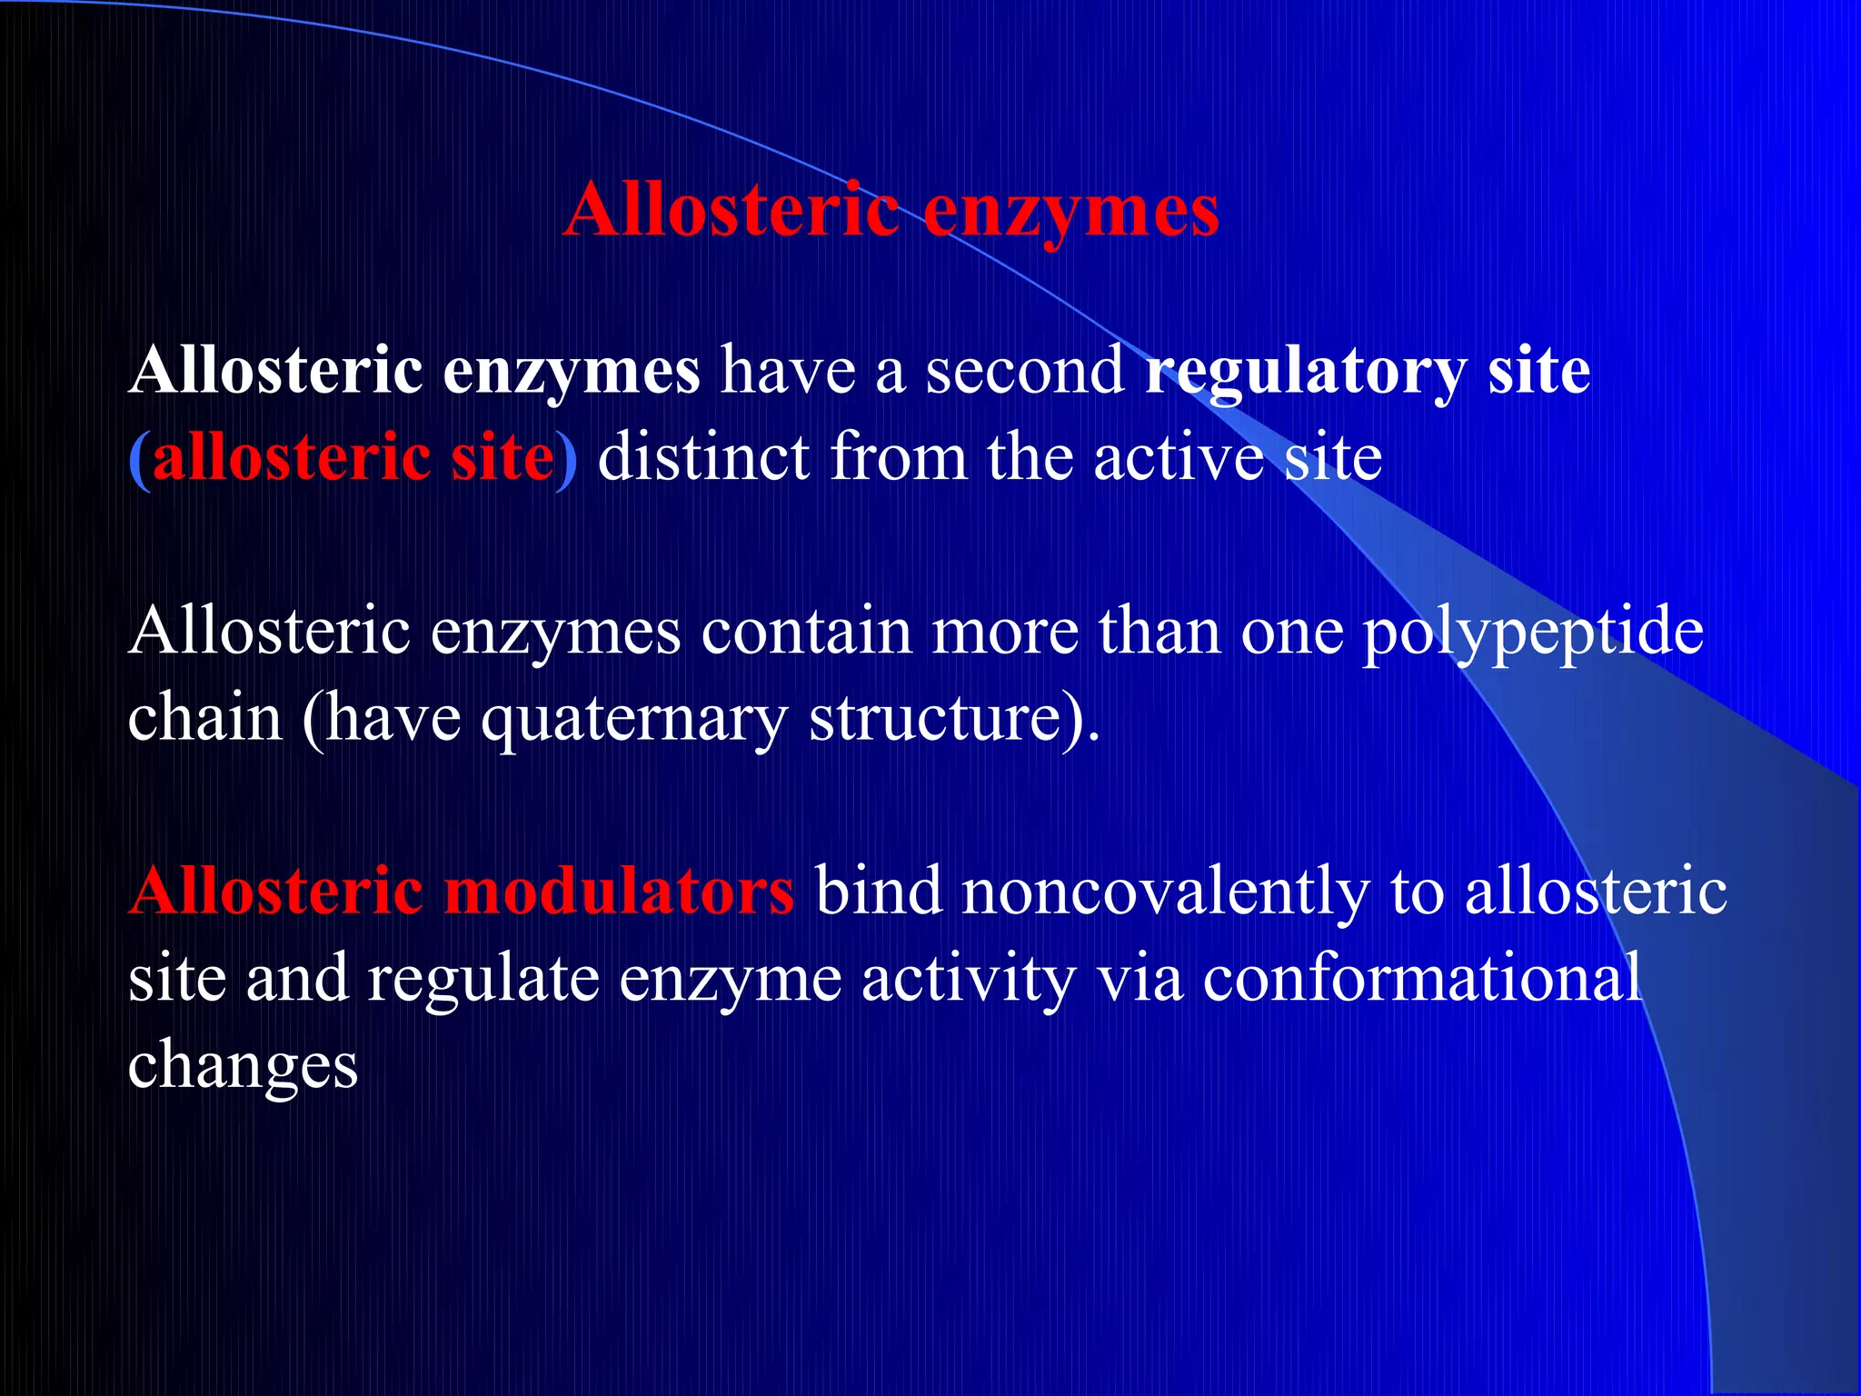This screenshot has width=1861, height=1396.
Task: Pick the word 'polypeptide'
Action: (x=1532, y=633)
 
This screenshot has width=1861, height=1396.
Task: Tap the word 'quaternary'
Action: (x=633, y=720)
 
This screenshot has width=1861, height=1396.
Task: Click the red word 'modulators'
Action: (x=619, y=891)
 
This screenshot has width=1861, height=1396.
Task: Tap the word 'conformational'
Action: (x=1422, y=978)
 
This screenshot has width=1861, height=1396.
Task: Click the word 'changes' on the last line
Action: (x=243, y=1065)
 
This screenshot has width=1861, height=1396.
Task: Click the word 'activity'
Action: (x=967, y=980)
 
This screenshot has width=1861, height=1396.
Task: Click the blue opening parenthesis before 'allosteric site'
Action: (x=139, y=458)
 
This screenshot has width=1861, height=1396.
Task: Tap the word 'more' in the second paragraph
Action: (x=1004, y=633)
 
